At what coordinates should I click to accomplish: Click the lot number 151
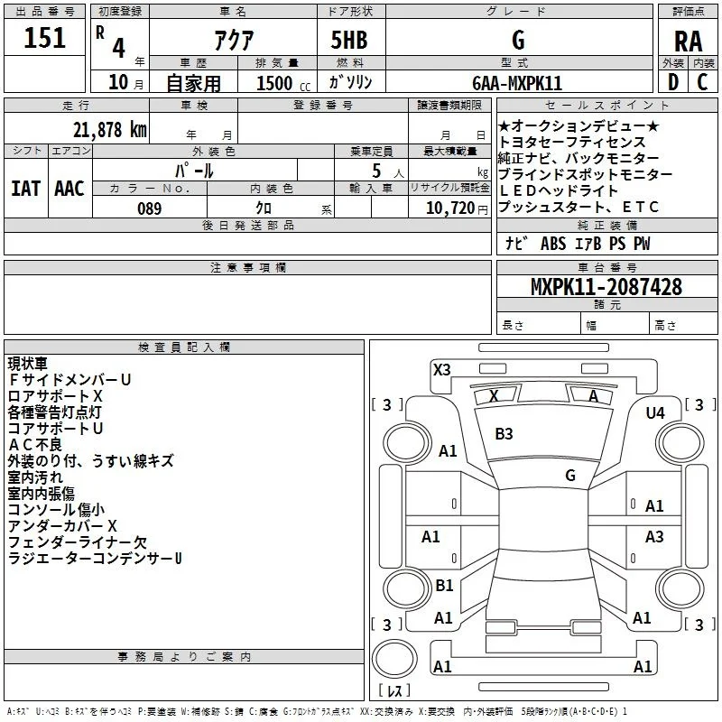[x=44, y=37]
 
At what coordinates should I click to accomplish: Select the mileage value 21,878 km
[x=110, y=130]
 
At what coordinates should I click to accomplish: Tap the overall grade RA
[x=689, y=42]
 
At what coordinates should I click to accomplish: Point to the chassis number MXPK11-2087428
[x=606, y=286]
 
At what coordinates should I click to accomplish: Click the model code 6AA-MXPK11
[x=517, y=83]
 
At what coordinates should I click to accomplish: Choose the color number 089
[x=150, y=208]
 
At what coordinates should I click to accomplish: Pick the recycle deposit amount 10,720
[x=450, y=208]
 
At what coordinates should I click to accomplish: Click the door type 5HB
[x=349, y=40]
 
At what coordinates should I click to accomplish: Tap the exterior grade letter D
[x=673, y=82]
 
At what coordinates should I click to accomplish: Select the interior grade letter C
[x=702, y=82]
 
